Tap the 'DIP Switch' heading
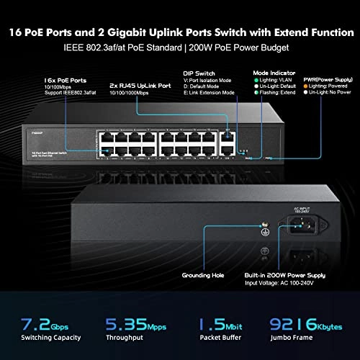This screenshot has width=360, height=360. pos(200,73)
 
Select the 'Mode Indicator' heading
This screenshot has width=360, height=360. pos(271,73)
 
